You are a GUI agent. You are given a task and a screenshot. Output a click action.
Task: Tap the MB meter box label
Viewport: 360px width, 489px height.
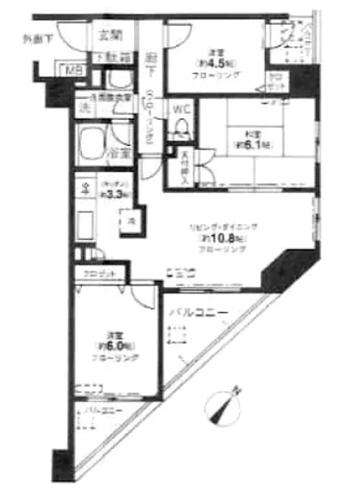(x=68, y=69)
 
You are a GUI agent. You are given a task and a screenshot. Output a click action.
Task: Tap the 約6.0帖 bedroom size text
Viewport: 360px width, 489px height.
(x=115, y=345)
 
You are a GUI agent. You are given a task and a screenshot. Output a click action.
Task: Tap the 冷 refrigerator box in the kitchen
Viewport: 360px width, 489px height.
(x=129, y=217)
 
